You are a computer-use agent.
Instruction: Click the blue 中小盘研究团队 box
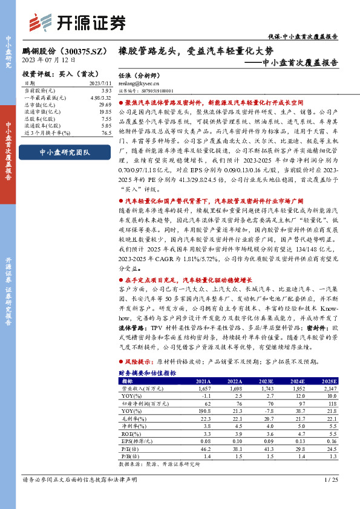coord(64,152)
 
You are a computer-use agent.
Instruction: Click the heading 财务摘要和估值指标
coord(147,374)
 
